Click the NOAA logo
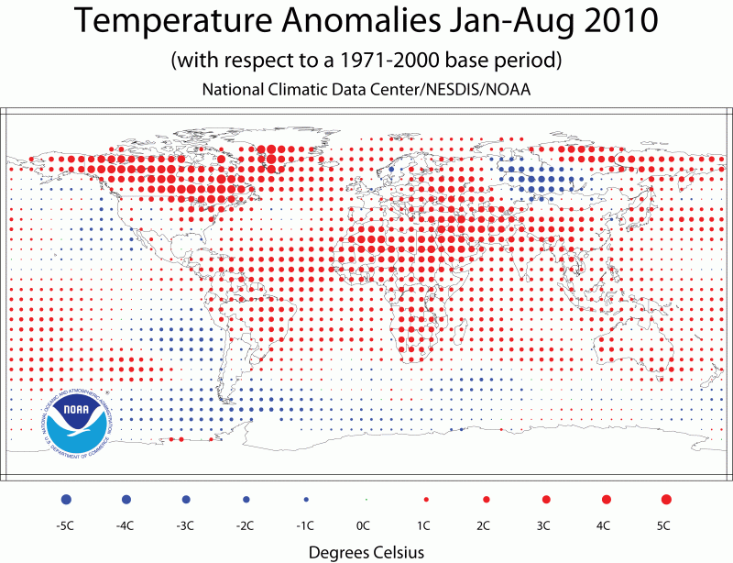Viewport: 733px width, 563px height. pyautogui.click(x=77, y=420)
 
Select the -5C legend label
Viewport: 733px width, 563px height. pyautogui.click(x=65, y=525)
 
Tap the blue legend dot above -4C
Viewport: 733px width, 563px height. pyautogui.click(x=126, y=499)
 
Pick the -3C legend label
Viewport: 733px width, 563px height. pyautogui.click(x=185, y=525)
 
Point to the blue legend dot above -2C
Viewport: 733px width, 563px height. pyautogui.click(x=246, y=499)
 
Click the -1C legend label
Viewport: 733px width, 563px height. pyautogui.click(x=305, y=525)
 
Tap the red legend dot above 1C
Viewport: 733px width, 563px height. pyautogui.click(x=425, y=499)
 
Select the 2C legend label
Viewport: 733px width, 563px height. pyautogui.click(x=485, y=525)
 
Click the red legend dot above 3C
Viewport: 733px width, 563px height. pyautogui.click(x=545, y=499)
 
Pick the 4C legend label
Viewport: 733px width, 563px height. pyautogui.click(x=605, y=525)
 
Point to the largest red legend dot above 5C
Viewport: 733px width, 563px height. pyautogui.click(x=666, y=499)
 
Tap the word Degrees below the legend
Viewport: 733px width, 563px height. pyautogui.click(x=335, y=552)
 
